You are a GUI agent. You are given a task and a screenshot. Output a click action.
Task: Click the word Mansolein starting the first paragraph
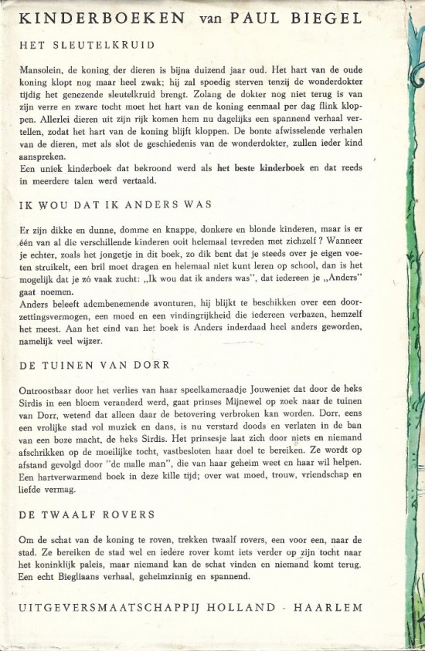pyautogui.click(x=39, y=70)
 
